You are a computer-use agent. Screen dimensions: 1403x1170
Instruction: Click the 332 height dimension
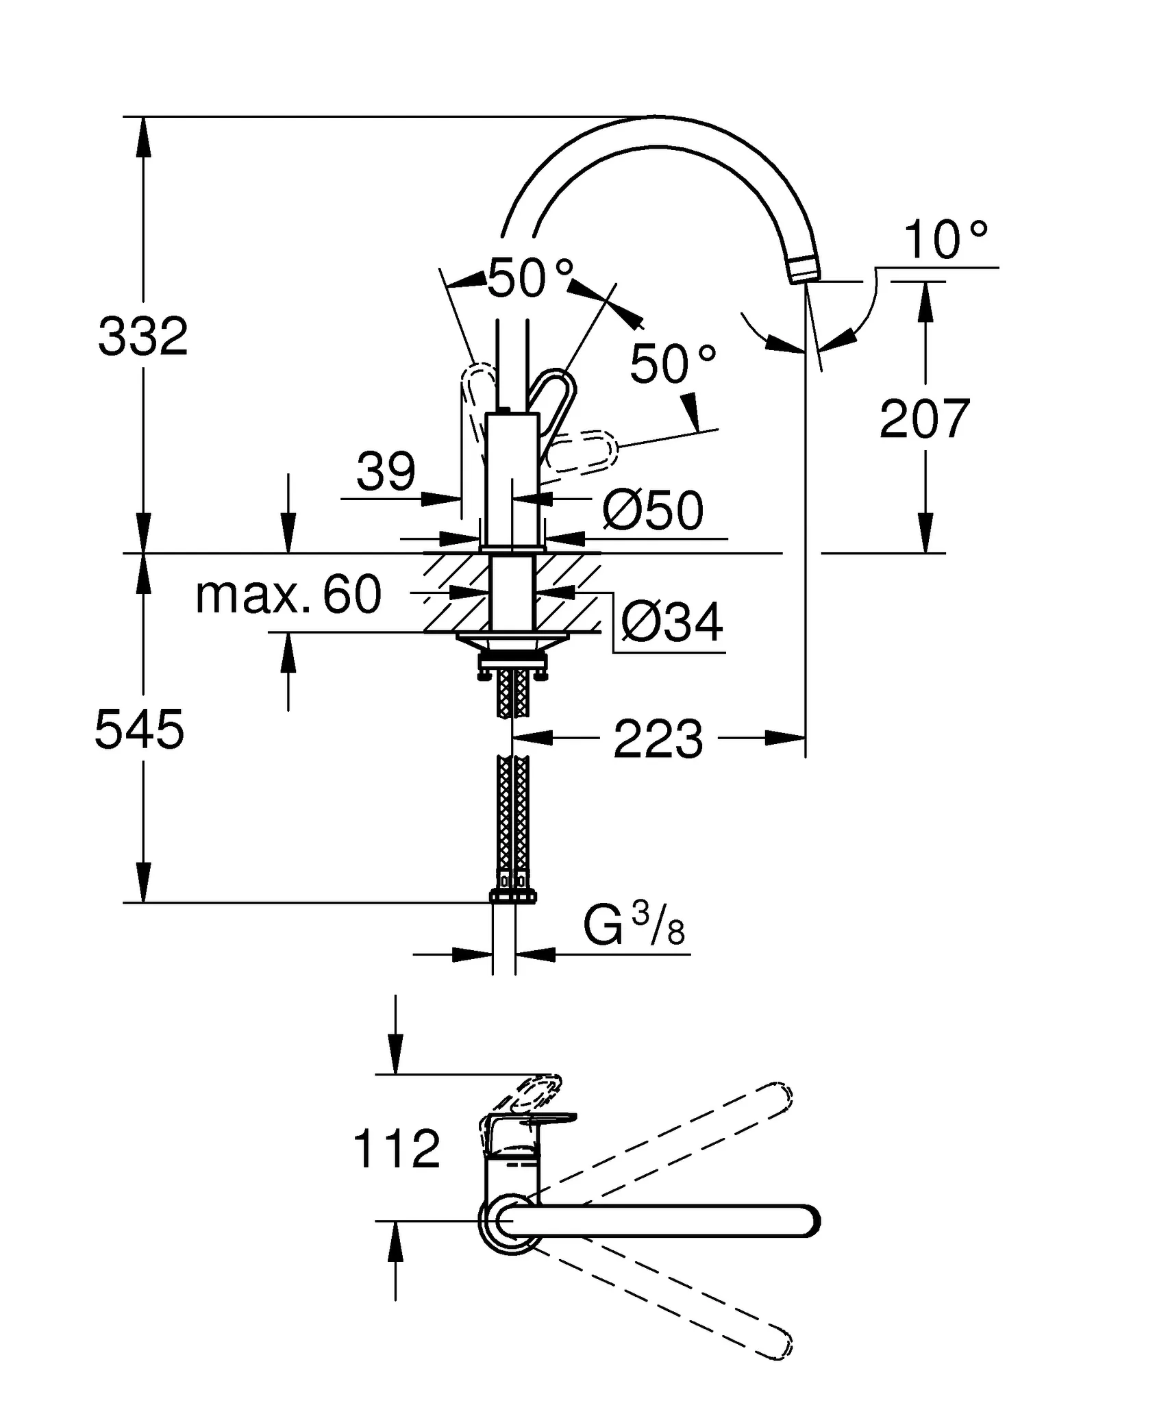[142, 336]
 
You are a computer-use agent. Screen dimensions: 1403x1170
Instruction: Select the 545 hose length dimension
[139, 730]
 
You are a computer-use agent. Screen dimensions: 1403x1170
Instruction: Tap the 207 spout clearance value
[924, 419]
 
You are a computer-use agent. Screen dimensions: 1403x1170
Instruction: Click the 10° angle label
[945, 240]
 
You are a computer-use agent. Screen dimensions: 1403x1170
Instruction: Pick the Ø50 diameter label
[652, 510]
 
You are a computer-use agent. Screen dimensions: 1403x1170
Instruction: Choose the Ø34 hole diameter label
[671, 623]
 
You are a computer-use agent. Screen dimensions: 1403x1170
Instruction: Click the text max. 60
[288, 595]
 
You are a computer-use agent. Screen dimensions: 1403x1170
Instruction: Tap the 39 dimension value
[386, 471]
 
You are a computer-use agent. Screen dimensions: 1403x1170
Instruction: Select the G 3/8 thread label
[633, 926]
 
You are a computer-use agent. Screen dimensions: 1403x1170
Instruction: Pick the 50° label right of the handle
[672, 364]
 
